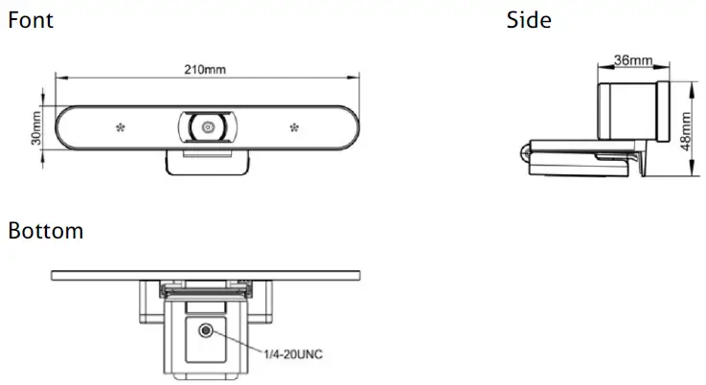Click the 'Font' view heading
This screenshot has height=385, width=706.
click(x=30, y=19)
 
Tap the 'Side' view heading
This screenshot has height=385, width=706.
click(x=529, y=19)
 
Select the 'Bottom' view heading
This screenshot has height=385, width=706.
click(x=45, y=231)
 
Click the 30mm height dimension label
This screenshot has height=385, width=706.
click(x=36, y=125)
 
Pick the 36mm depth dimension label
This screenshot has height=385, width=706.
click(x=632, y=60)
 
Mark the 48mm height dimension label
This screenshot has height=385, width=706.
click(x=686, y=129)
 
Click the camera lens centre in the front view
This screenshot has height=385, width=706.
click(x=206, y=126)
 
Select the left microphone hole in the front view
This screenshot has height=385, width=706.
click(x=121, y=126)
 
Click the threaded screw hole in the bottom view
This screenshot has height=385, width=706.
click(x=206, y=330)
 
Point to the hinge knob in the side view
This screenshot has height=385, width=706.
click(x=525, y=151)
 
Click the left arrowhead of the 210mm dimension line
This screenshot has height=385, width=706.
click(x=58, y=79)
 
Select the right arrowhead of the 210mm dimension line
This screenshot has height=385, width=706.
click(x=352, y=79)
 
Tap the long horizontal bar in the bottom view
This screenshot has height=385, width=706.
click(x=206, y=275)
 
